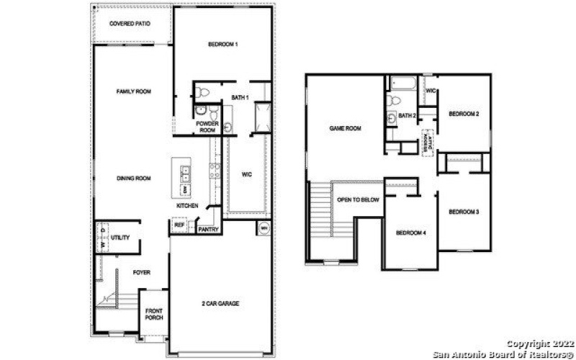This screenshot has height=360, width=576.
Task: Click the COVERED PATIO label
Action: click(x=130, y=24)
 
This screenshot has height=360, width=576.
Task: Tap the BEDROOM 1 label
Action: click(x=222, y=45)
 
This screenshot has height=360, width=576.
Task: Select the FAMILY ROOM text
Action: click(x=134, y=91)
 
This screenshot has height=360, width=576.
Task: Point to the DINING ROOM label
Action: click(x=134, y=178)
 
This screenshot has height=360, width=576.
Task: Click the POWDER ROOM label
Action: click(x=207, y=127)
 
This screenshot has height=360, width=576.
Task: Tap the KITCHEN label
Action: click(x=187, y=206)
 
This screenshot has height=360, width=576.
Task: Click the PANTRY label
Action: click(x=208, y=230)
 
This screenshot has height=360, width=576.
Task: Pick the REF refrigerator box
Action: click(x=179, y=225)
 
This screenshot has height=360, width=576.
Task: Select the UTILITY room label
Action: click(x=121, y=238)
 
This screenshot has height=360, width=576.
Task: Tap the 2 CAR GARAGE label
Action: click(x=220, y=303)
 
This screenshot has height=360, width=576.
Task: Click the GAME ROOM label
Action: click(x=346, y=128)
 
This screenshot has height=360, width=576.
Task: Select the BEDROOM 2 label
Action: click(x=464, y=114)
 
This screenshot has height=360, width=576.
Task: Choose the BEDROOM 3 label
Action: click(x=464, y=212)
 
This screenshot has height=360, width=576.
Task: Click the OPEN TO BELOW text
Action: click(x=358, y=199)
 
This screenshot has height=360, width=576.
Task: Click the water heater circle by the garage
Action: click(x=264, y=228)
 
